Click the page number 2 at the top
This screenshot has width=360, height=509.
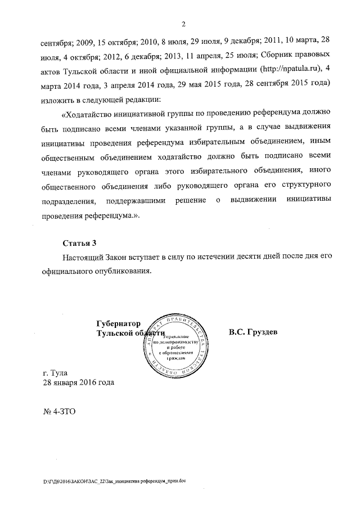(x=184, y=24)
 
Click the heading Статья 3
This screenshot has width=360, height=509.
(x=79, y=243)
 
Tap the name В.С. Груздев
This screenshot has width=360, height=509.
(x=253, y=332)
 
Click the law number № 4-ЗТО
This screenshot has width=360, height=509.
(x=58, y=412)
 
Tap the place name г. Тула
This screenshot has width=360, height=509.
(x=55, y=372)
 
